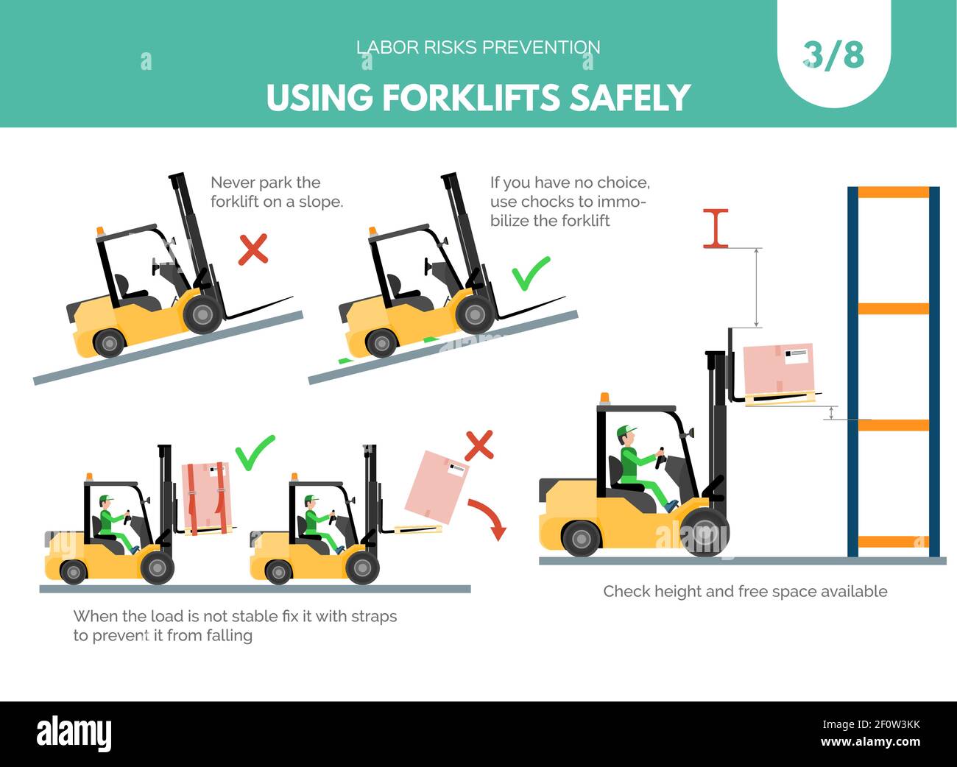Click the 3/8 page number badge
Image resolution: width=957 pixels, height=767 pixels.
pyautogui.click(x=833, y=55)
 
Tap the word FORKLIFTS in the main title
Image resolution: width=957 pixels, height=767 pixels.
pyautogui.click(x=471, y=98)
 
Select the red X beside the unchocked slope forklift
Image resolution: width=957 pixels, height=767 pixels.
pyautogui.click(x=253, y=250)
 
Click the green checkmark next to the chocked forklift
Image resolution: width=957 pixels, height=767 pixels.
pyautogui.click(x=531, y=273)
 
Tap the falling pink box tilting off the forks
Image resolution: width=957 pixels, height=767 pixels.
pyautogui.click(x=437, y=487)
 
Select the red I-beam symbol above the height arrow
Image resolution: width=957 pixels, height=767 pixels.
pyautogui.click(x=716, y=228)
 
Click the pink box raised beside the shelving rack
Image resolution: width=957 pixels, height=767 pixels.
pyautogui.click(x=779, y=368)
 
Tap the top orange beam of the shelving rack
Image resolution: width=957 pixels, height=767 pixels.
pyautogui.click(x=893, y=192)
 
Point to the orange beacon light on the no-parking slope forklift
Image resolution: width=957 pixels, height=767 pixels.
pyautogui.click(x=101, y=231)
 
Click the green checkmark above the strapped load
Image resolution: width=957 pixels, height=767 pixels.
pyautogui.click(x=255, y=453)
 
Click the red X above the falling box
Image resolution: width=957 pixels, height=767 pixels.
pyautogui.click(x=479, y=445)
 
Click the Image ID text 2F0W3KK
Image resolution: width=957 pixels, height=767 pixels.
pyautogui.click(x=897, y=725)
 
